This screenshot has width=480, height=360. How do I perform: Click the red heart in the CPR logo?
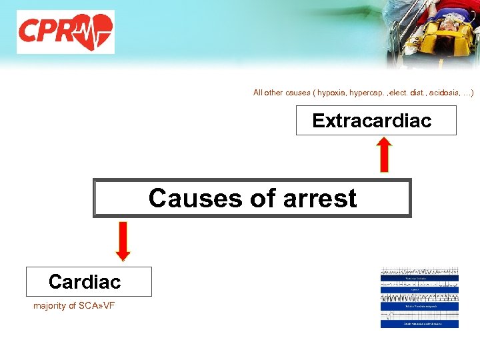click(x=93, y=31)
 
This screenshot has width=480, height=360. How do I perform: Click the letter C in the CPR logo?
click(x=30, y=31)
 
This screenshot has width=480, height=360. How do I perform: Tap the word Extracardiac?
click(x=371, y=121)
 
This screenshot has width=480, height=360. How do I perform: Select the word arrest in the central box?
click(x=319, y=198)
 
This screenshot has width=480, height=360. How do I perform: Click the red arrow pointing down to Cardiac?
click(x=123, y=241)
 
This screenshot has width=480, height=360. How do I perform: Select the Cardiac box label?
click(x=85, y=282)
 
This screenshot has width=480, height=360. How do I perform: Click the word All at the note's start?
click(x=259, y=93)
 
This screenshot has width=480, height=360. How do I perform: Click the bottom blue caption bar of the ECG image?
click(x=419, y=324)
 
